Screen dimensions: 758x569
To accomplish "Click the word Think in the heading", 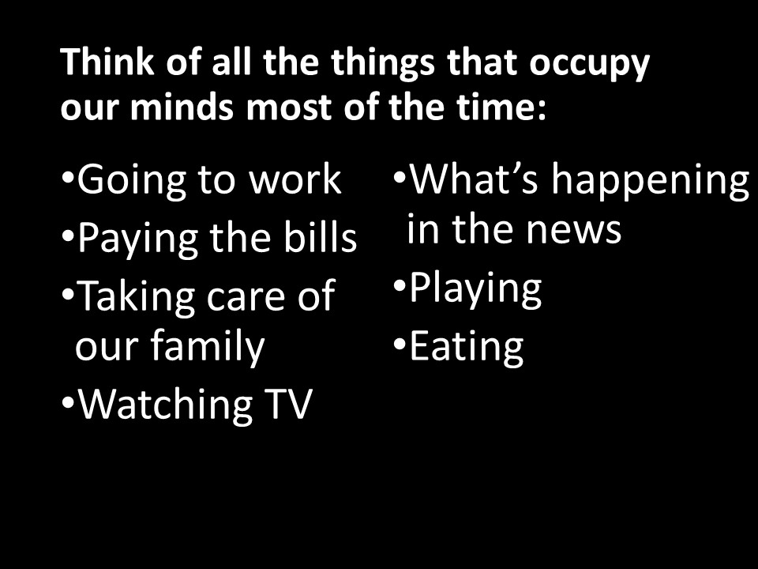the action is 107,62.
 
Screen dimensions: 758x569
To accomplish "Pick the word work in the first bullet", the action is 295,179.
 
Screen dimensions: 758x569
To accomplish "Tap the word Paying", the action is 137,239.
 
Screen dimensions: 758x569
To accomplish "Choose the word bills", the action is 320,236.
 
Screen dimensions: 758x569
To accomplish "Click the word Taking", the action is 136,298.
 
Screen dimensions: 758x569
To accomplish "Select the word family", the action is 208,346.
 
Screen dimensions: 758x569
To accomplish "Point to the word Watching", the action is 165,406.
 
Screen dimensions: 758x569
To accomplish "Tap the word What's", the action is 474,179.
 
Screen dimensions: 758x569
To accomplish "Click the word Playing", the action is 475,289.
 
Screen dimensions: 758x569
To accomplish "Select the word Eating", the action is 467,348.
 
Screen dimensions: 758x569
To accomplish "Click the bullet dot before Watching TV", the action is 67,402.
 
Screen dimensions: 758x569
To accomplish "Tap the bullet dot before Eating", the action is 400,344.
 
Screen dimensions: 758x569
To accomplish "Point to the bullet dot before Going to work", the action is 67,175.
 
